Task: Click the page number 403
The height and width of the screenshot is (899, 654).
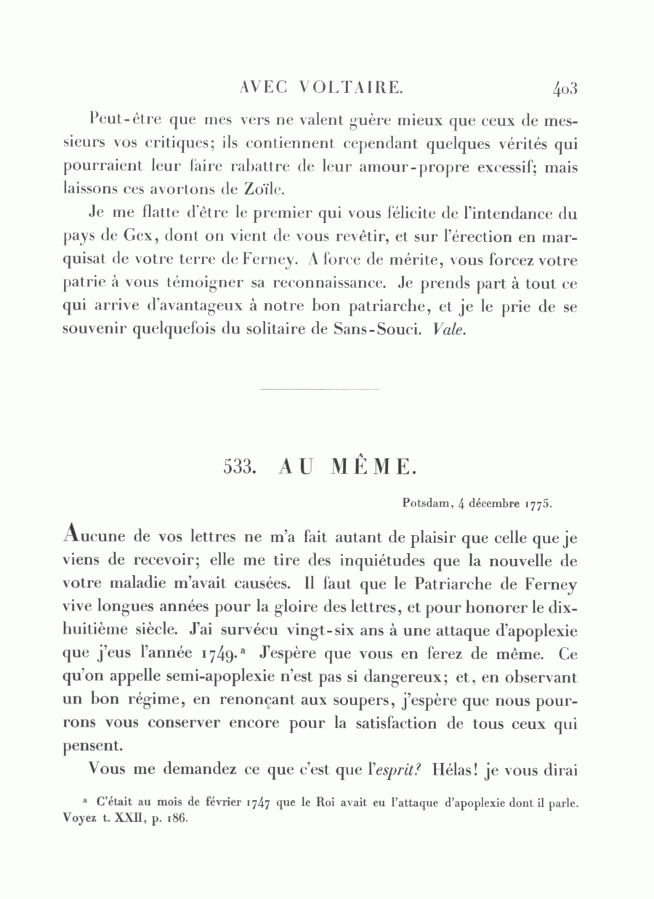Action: pos(564,89)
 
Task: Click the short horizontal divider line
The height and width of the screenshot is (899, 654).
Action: pos(319,390)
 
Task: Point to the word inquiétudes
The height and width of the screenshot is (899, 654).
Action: pos(381,560)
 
